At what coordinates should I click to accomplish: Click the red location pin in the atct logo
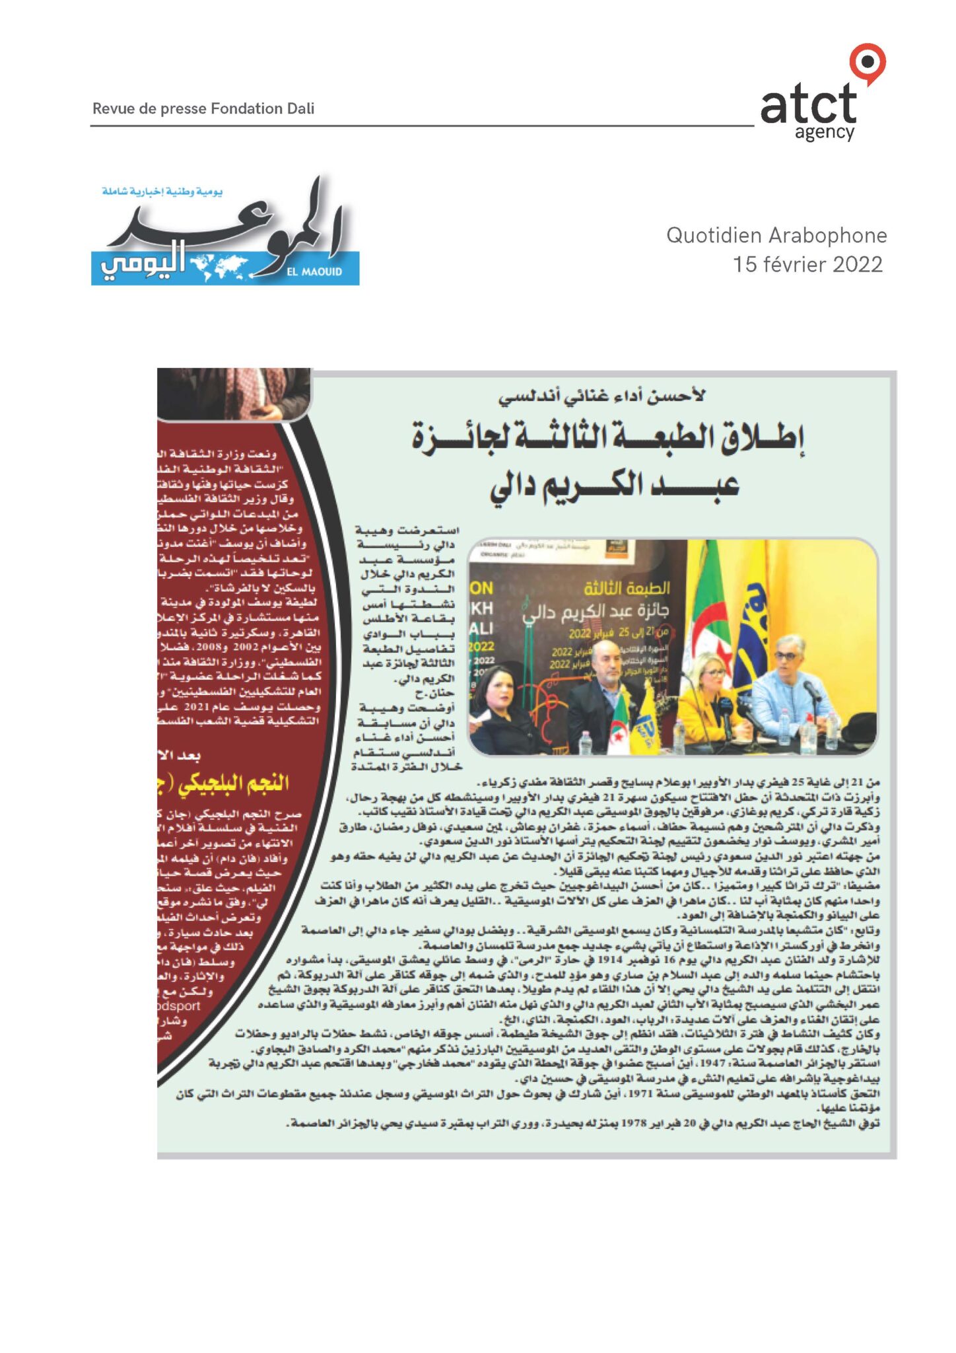tap(867, 62)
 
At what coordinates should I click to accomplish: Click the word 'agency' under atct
tap(825, 133)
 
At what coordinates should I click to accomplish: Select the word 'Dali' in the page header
tap(300, 108)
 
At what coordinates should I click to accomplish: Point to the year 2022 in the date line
tap(857, 265)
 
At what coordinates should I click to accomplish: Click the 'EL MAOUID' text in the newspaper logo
tap(315, 272)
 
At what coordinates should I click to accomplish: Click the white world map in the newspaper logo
tap(219, 266)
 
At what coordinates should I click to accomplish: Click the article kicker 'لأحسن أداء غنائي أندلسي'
tap(601, 396)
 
